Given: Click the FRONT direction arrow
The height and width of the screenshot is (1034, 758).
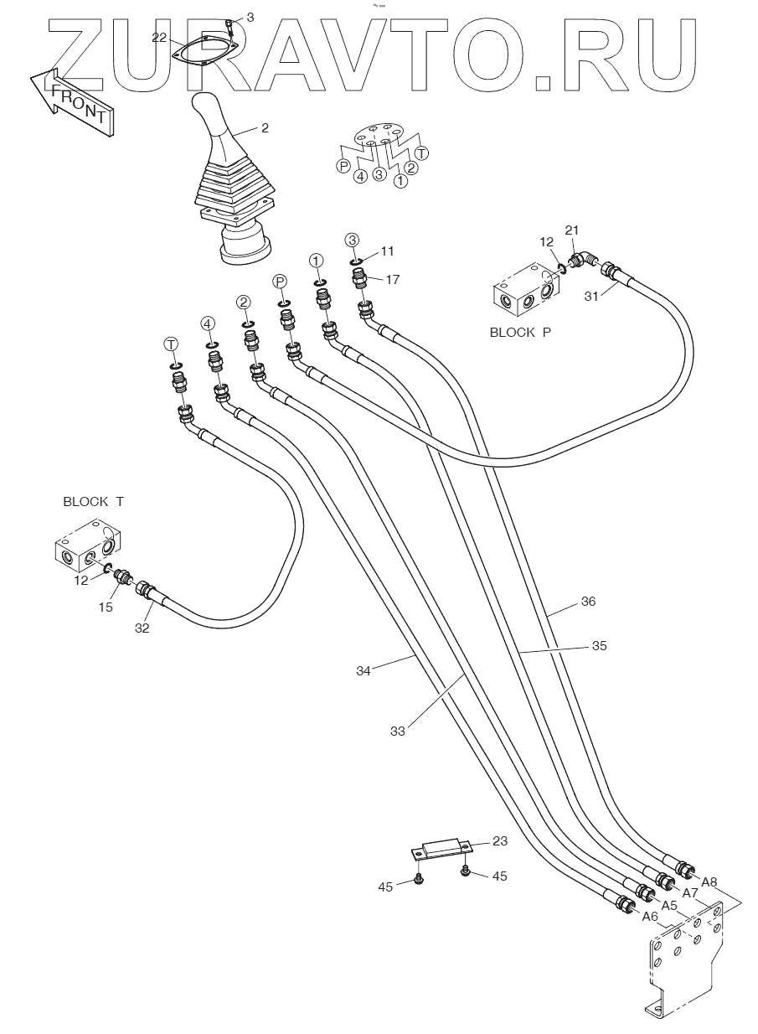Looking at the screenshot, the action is tap(71, 101).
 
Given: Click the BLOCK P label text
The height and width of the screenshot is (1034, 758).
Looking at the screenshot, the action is tap(520, 333).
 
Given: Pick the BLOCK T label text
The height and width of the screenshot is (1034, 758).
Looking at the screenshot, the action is tap(93, 502).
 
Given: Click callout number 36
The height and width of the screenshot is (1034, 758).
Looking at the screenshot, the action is tap(588, 602).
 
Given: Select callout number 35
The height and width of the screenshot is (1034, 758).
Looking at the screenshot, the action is tap(600, 646).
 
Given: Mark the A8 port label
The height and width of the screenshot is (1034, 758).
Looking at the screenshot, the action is tap(709, 882).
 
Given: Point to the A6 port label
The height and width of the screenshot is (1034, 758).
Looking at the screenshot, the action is tap(650, 917).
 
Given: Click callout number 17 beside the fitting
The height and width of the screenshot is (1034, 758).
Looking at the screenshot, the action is tap(393, 279).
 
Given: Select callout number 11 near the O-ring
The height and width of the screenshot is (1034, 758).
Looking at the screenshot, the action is tap(387, 251).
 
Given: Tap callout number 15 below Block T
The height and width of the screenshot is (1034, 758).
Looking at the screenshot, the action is tap(106, 607).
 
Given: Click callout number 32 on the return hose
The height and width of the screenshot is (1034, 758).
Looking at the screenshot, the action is tap(142, 628).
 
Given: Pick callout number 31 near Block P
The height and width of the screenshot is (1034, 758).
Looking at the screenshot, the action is tap(592, 296).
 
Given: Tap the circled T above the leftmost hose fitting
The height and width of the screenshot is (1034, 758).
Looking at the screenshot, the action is tap(171, 344).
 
